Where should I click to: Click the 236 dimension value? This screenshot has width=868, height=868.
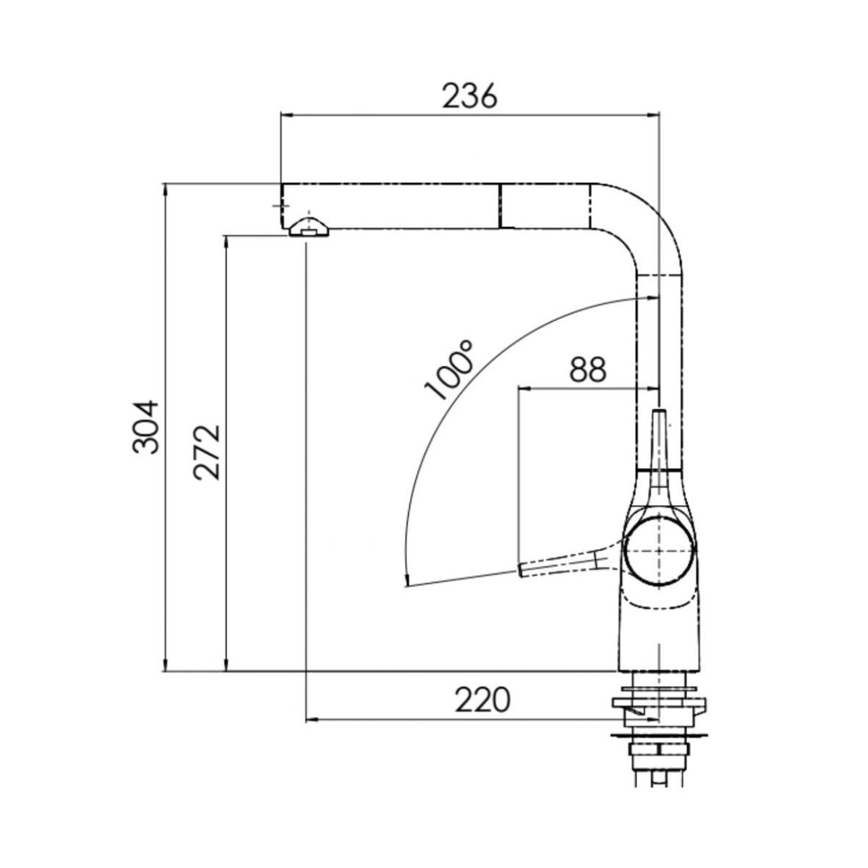(470, 96)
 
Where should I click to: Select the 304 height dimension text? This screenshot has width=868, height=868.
(146, 427)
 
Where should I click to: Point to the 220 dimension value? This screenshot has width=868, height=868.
(482, 699)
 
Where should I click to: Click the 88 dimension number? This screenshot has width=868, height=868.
(587, 370)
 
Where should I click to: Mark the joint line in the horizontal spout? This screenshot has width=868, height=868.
(498, 205)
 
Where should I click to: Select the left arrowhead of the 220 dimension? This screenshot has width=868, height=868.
(312, 719)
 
